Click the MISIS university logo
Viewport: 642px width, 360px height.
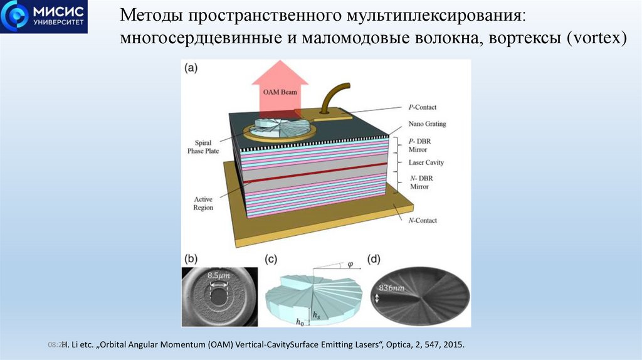(44, 17)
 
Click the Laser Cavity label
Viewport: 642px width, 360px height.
(426, 162)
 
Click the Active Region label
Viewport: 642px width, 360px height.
(203, 203)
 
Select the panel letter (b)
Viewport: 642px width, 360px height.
(190, 259)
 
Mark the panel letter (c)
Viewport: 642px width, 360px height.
(271, 259)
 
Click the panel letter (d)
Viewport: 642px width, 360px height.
(374, 259)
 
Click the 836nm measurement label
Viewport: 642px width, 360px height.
(391, 288)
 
